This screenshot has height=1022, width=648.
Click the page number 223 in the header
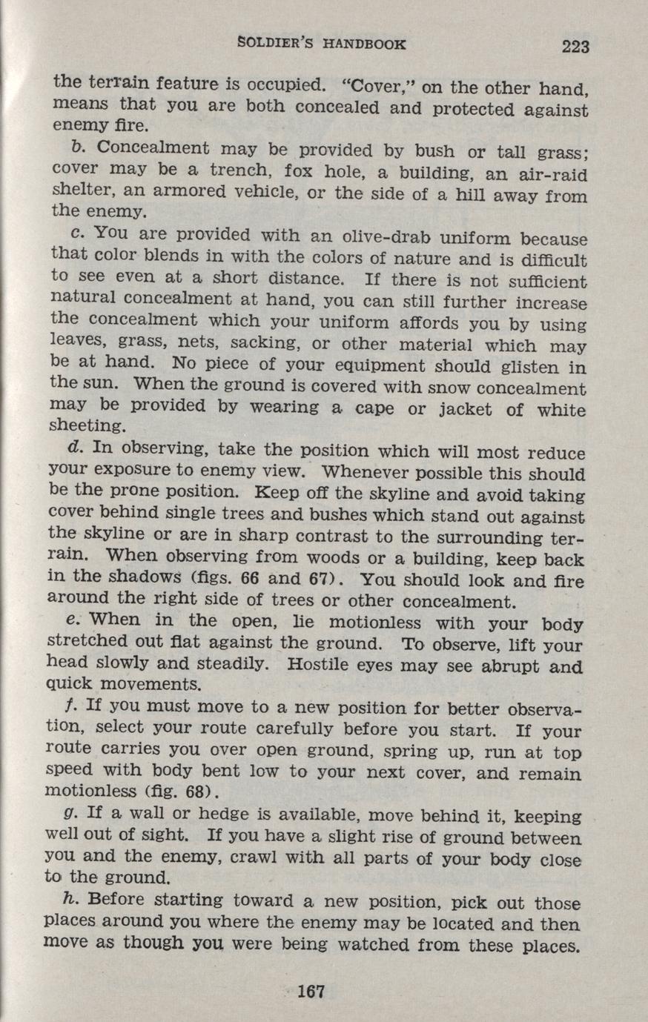[575, 47]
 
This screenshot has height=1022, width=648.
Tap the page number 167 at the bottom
[311, 992]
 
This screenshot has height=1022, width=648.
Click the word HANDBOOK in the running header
[364, 44]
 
